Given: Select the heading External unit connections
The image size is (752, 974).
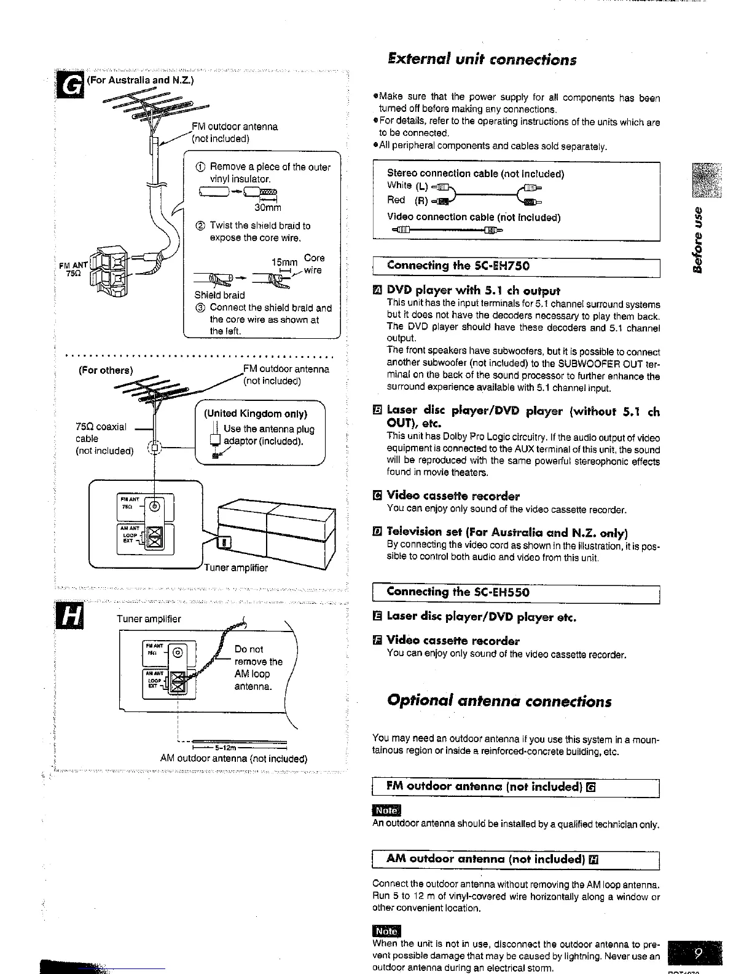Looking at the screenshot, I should pyautogui.click(x=482, y=60).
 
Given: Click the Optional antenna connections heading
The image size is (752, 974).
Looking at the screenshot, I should pyautogui.click(x=499, y=701).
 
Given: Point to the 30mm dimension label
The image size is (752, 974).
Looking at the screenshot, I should pyautogui.click(x=268, y=208).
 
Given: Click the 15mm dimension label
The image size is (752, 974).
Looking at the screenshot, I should pyautogui.click(x=284, y=262).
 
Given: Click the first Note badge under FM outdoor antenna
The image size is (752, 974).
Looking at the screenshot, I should pyautogui.click(x=386, y=811).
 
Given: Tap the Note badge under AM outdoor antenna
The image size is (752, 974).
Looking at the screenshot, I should pyautogui.click(x=386, y=931).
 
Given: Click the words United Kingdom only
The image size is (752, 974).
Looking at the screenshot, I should pyautogui.click(x=256, y=413).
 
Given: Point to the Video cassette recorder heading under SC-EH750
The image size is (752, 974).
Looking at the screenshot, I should pyautogui.click(x=453, y=496).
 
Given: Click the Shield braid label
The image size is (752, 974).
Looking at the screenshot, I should pyautogui.click(x=219, y=295).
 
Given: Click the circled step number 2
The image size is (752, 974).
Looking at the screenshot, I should pyautogui.click(x=200, y=226).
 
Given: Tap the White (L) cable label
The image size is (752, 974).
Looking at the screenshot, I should pyautogui.click(x=407, y=185).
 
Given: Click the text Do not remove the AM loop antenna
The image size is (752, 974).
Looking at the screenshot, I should pyautogui.click(x=258, y=667).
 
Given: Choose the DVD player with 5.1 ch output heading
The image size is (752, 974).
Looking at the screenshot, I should pyautogui.click(x=473, y=290).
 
